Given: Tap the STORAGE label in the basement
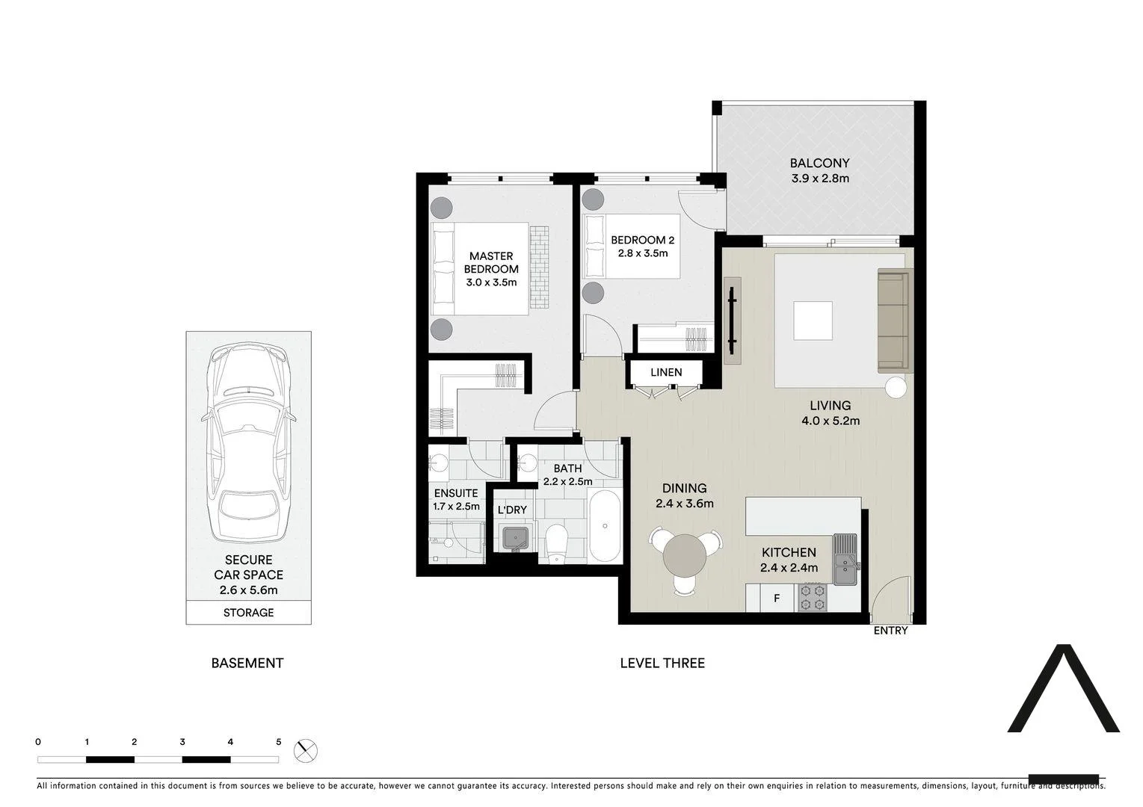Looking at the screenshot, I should [x=248, y=613].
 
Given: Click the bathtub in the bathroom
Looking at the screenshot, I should [x=604, y=527].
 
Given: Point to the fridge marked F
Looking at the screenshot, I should [x=777, y=599].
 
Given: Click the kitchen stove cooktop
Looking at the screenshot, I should [x=813, y=597].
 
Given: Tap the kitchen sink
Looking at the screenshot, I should [x=846, y=560].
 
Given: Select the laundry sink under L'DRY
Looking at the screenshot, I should [x=515, y=538].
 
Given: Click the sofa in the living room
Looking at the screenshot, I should [x=893, y=321].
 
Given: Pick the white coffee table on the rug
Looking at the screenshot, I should [x=813, y=321].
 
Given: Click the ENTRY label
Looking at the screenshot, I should [x=890, y=631].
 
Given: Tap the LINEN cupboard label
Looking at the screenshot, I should [x=665, y=372].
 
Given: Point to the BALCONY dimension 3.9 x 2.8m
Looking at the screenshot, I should [x=820, y=179].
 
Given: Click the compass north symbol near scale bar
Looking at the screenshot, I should [x=305, y=750].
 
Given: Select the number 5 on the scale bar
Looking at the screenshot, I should [x=279, y=742].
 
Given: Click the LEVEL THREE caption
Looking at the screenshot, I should [x=662, y=663].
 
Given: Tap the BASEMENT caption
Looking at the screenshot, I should [x=247, y=663].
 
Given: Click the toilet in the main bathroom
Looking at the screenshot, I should [x=557, y=542].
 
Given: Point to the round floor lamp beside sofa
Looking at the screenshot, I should [x=896, y=388].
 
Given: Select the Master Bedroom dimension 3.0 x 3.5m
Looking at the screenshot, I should [x=491, y=282].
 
